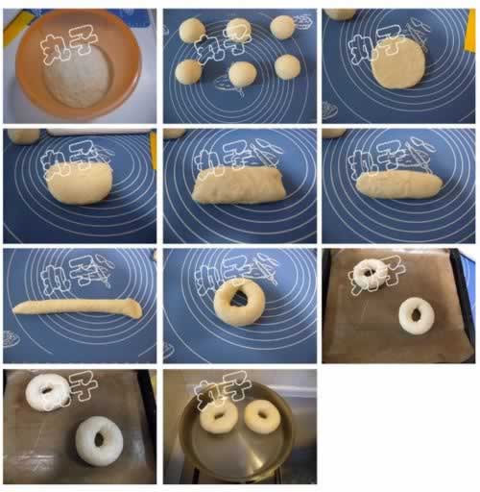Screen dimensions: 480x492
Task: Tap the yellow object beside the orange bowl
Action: pyautogui.click(x=15, y=26)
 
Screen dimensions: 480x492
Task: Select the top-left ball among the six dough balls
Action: pyautogui.click(x=192, y=30)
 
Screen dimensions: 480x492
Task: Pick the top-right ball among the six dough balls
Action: pyautogui.click(x=282, y=27)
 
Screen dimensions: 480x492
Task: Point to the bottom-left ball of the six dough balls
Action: pyautogui.click(x=189, y=72)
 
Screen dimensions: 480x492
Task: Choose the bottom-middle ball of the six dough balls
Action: pyautogui.click(x=243, y=74)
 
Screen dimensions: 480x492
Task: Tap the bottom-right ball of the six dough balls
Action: pyautogui.click(x=287, y=66)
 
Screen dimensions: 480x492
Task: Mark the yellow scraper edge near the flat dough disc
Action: pyautogui.click(x=471, y=30)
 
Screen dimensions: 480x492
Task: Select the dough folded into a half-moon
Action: pyautogui.click(x=80, y=184)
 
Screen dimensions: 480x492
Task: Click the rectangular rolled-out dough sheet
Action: pyautogui.click(x=239, y=185)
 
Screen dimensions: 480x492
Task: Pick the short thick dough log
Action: pyautogui.click(x=399, y=184)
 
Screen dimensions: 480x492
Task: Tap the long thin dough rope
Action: pyautogui.click(x=78, y=307)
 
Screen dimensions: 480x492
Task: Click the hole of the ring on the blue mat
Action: pyautogui.click(x=238, y=298)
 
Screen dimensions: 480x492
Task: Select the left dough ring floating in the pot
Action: pyautogui.click(x=219, y=416)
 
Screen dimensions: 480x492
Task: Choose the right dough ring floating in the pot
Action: pyautogui.click(x=262, y=416)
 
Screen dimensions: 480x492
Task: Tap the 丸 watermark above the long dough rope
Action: pyautogui.click(x=54, y=277)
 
